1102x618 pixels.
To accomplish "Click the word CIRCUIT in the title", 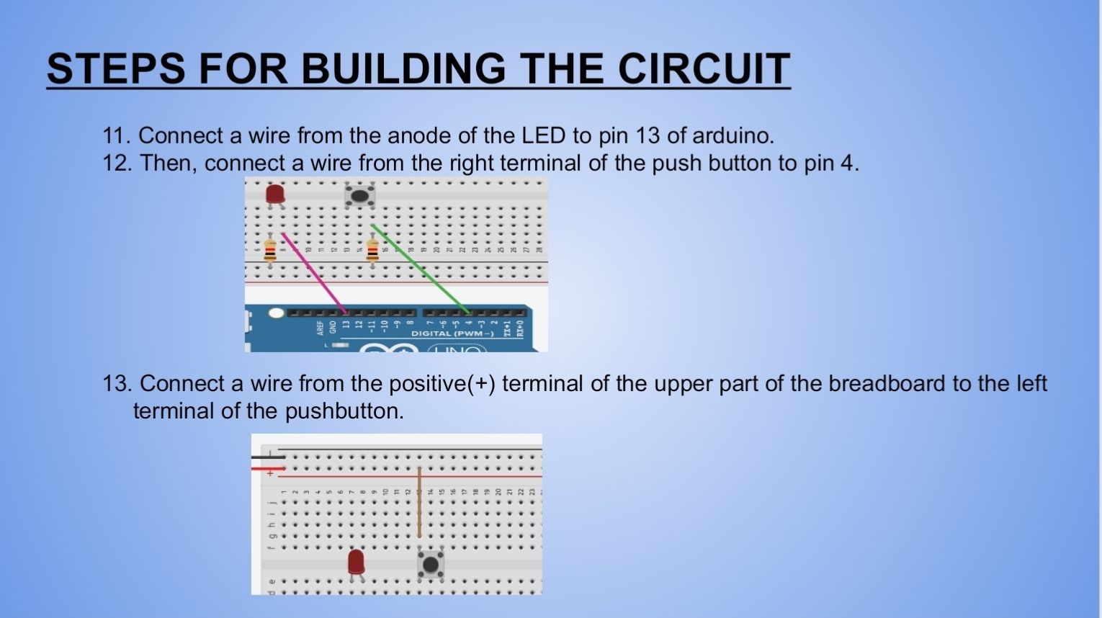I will pos(704,68).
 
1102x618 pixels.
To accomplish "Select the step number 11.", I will pos(115,135).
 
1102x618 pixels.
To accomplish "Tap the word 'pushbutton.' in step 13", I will pos(344,411).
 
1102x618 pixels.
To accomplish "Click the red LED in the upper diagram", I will pos(274,194).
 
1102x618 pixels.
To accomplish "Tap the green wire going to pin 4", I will pos(421,269).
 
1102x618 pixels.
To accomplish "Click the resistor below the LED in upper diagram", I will pos(270,250).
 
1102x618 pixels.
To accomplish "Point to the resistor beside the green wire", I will pos(372,251).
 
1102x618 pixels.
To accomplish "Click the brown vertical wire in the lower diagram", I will pos(419,501).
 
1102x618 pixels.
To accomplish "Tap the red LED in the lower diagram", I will pos(356,562).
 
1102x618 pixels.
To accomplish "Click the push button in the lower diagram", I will pos(430,564).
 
